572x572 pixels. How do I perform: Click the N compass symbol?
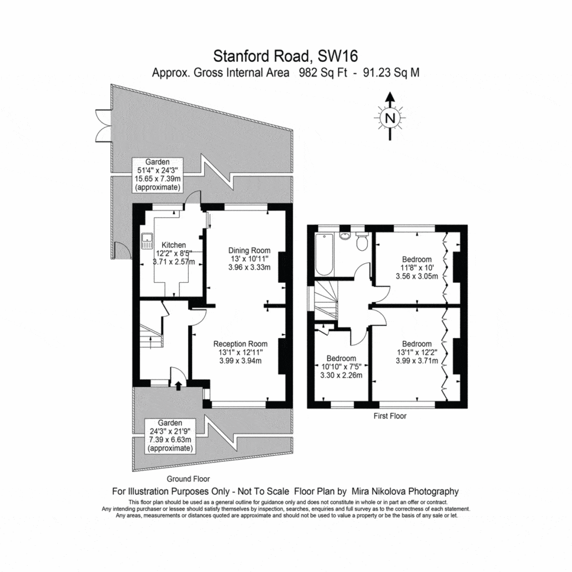click(x=390, y=117)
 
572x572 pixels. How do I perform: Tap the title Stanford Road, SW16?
click(x=285, y=56)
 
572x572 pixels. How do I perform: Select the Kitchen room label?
click(x=174, y=245)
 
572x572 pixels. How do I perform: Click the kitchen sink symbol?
click(x=147, y=241)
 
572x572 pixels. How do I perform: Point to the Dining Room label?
click(x=249, y=250)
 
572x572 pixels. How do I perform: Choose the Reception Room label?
click(x=240, y=344)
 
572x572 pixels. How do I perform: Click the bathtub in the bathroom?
click(x=324, y=255)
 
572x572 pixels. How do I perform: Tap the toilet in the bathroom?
click(x=361, y=242)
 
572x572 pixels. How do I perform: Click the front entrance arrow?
click(x=178, y=385)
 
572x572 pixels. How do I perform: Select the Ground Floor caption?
click(x=188, y=479)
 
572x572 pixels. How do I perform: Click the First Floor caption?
click(x=389, y=416)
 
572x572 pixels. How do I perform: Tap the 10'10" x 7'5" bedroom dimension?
click(x=341, y=366)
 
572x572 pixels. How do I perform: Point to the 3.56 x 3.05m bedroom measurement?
click(x=417, y=276)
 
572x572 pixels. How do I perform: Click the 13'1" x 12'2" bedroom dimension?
click(x=417, y=352)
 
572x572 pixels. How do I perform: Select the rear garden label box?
click(x=158, y=175)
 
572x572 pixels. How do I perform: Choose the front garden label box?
click(x=170, y=436)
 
